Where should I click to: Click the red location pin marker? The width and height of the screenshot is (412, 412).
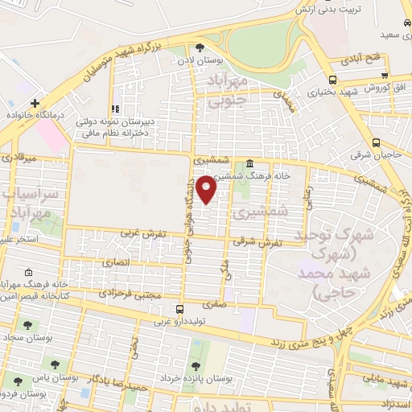pyautogui.click(x=207, y=190)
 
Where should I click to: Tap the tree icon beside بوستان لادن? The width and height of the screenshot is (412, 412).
pyautogui.click(x=200, y=47)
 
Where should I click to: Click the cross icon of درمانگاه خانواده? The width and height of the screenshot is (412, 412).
pyautogui.click(x=35, y=103)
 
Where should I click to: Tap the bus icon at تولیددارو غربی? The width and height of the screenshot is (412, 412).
pyautogui.click(x=179, y=307)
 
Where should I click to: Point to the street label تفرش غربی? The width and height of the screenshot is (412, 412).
pyautogui.click(x=144, y=233)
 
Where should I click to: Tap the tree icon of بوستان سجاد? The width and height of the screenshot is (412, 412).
pyautogui.click(x=30, y=325)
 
